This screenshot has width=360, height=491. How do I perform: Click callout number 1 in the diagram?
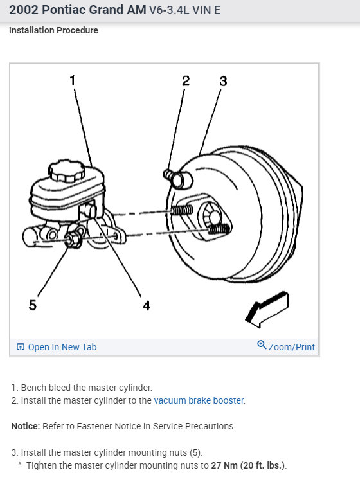click(73, 80)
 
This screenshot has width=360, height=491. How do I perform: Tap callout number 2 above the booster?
click(186, 81)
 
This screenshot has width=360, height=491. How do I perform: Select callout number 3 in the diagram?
click(223, 81)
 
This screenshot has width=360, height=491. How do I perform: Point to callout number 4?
click(147, 305)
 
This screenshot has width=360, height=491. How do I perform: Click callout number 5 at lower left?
click(33, 305)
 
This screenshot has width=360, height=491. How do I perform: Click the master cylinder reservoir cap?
click(67, 171)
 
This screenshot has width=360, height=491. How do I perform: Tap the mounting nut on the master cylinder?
click(72, 240)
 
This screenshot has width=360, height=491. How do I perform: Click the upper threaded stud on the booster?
click(182, 210)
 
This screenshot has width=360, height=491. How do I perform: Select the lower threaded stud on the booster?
click(219, 229)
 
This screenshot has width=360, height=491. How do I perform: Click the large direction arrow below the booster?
click(267, 309)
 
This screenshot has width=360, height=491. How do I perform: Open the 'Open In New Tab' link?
click(62, 347)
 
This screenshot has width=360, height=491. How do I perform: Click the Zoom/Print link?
click(292, 347)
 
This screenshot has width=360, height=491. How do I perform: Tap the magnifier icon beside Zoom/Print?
click(262, 344)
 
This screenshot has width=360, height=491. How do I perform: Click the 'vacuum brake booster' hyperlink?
click(199, 400)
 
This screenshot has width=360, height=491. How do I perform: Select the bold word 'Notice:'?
click(26, 426)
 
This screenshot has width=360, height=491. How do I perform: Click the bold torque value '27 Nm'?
click(224, 465)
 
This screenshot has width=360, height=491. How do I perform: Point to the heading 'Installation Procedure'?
click(53, 30)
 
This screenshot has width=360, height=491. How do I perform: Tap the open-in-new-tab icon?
click(21, 346)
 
